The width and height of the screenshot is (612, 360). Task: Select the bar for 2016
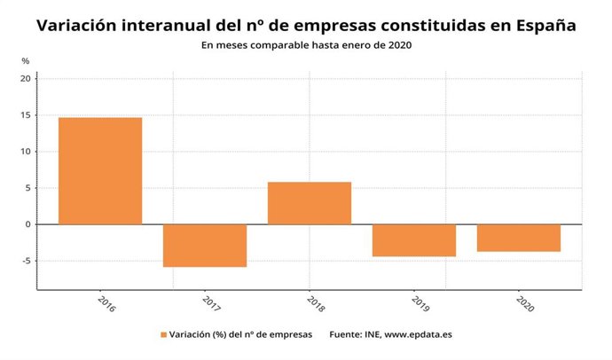point(100,170)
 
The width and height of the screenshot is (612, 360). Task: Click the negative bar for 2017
point(205,246)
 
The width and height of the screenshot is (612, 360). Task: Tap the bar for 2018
point(310,203)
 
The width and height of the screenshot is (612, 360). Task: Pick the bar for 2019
point(414,240)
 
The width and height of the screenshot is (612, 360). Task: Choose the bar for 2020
point(518,238)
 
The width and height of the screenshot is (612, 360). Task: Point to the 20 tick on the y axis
point(26,79)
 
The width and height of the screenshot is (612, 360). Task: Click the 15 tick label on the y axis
point(26,115)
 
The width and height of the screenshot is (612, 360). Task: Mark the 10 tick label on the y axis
point(26,152)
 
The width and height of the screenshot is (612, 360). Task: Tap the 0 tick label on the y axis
point(27,224)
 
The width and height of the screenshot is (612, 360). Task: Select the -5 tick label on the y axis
point(26,261)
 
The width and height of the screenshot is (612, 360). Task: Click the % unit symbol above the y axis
point(26,60)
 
